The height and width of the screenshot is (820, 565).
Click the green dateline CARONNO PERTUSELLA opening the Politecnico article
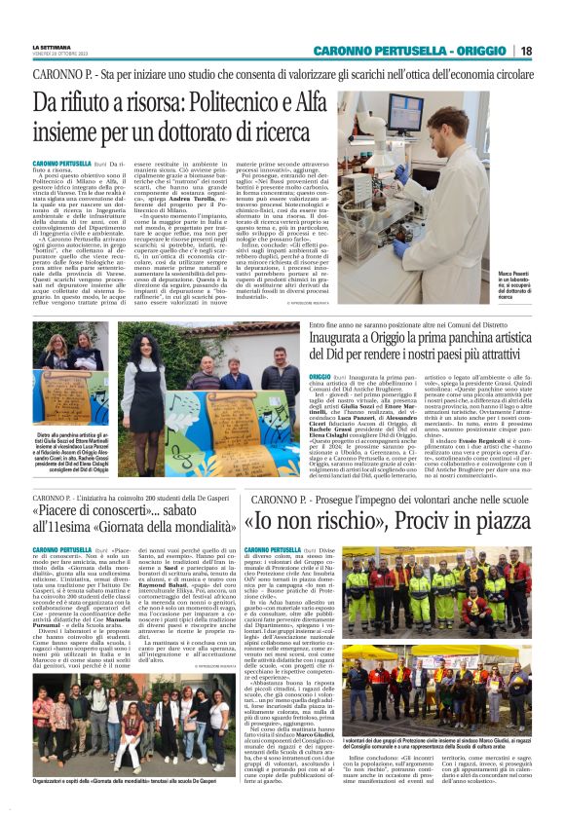coord(62,164)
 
